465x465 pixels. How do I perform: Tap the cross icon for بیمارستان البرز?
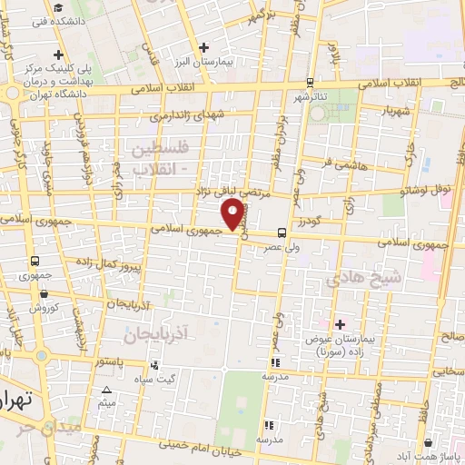click(x=204, y=46)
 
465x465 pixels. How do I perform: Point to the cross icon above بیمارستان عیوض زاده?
click(x=341, y=323)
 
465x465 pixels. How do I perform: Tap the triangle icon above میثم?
click(x=107, y=388)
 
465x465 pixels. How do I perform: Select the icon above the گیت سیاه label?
click(x=155, y=365)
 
